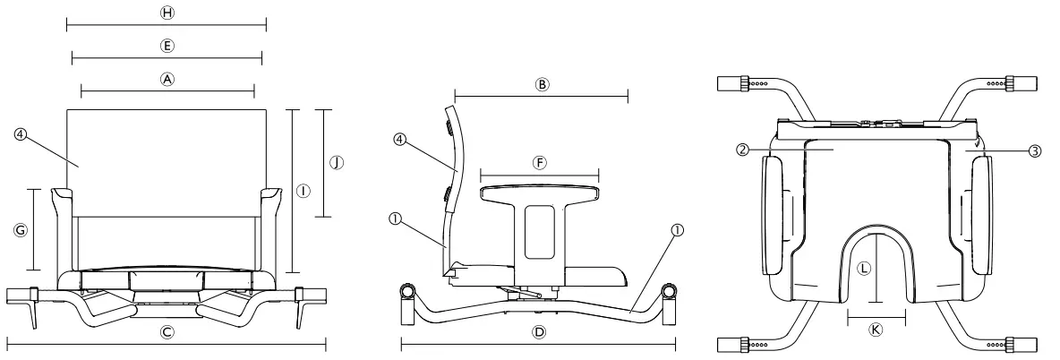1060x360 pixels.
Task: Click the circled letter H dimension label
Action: pos(166,13)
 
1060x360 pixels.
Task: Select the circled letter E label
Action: pos(166,45)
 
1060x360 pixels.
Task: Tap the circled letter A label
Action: pos(167,78)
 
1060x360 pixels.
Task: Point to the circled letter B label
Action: pos(541,84)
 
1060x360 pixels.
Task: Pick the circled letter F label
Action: pos(539,162)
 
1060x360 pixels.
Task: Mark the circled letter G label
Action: pos(22,229)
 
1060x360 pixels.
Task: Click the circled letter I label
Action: pos(303,191)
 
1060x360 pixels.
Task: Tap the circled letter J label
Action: pos(337,162)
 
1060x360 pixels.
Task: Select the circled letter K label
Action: pos(876,329)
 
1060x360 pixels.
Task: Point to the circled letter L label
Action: pos(863,268)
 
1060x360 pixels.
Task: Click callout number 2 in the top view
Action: pos(742,150)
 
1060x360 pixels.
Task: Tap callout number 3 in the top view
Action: pos(1034,151)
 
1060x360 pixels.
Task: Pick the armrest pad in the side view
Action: pos(538,192)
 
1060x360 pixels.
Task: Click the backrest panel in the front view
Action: pos(167,161)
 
